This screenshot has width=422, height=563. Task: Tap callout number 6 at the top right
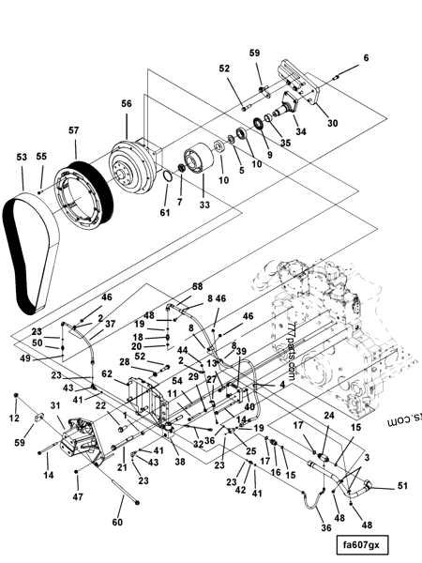click(x=366, y=58)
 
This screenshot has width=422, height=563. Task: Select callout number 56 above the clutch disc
click(x=127, y=104)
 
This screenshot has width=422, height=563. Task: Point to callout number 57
click(x=73, y=133)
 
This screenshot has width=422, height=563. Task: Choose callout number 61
click(x=165, y=213)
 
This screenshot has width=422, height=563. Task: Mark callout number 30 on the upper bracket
click(x=332, y=123)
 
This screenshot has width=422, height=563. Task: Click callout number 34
click(x=301, y=131)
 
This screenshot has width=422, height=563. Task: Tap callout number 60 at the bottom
click(x=117, y=522)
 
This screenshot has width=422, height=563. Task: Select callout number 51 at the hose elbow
click(x=403, y=485)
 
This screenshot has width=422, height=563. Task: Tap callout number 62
click(x=107, y=373)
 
